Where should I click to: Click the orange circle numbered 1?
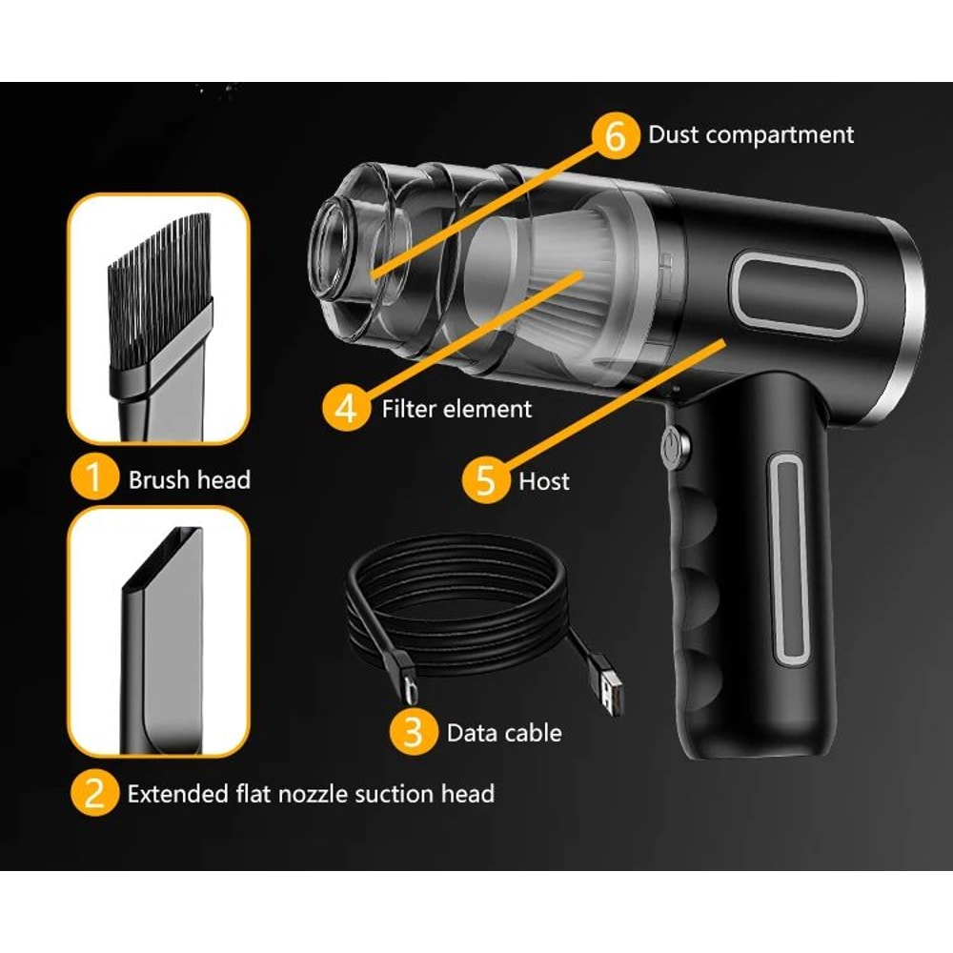click(x=92, y=478)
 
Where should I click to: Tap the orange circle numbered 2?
click(x=92, y=793)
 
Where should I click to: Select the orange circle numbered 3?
click(x=412, y=732)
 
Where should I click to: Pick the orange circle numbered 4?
click(x=346, y=409)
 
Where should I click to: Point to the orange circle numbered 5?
click(x=484, y=479)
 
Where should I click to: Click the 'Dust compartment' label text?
click(x=751, y=135)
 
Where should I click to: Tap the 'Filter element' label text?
click(x=456, y=410)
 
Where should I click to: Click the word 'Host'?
click(x=544, y=480)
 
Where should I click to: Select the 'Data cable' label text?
click(x=504, y=733)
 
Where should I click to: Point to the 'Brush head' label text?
click(x=189, y=479)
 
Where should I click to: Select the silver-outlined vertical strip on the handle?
click(x=789, y=558)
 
